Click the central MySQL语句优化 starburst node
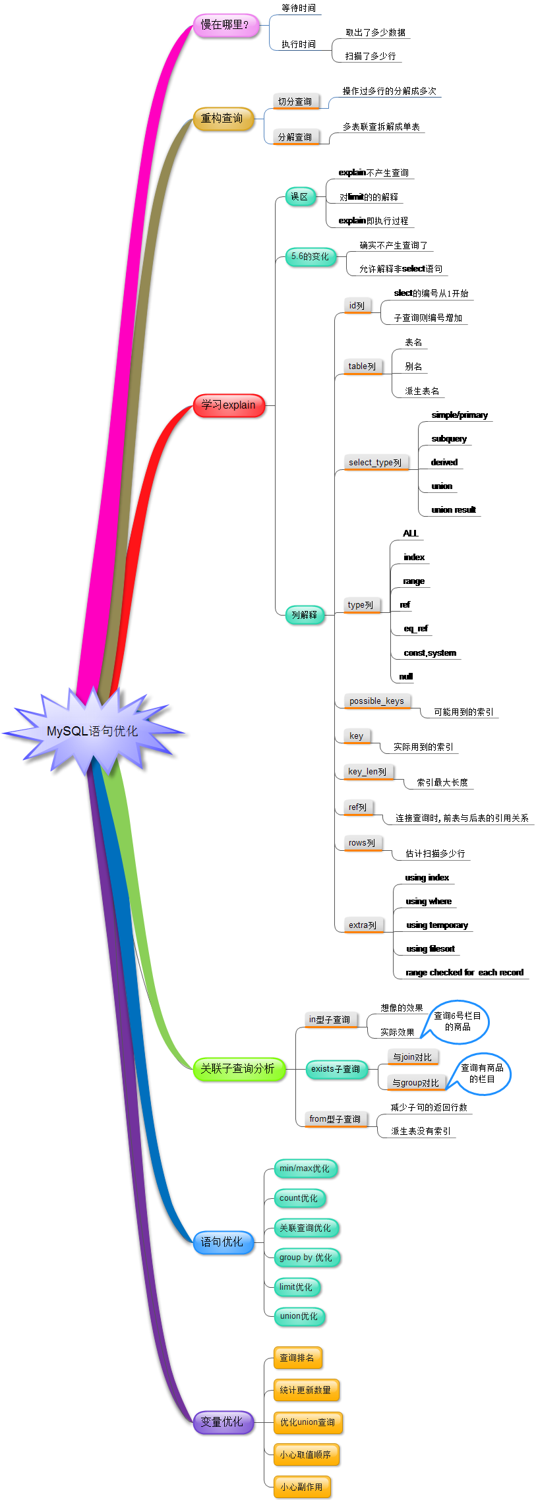[92, 731]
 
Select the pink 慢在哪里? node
[225, 25]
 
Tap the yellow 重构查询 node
[223, 119]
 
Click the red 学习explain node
[228, 405]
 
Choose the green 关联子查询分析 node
[238, 1068]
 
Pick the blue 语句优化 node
[222, 1242]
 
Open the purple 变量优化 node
[222, 1422]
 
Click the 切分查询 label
[295, 101]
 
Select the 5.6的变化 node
[310, 256]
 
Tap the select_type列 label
[375, 463]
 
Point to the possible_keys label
[376, 701]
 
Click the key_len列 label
[368, 772]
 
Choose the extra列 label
[363, 925]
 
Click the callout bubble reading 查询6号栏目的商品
[458, 1022]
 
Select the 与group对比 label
[415, 1083]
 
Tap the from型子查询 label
[335, 1119]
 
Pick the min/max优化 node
[305, 1168]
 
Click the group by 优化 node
[306, 1257]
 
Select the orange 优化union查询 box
[307, 1422]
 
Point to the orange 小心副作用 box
[301, 1487]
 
